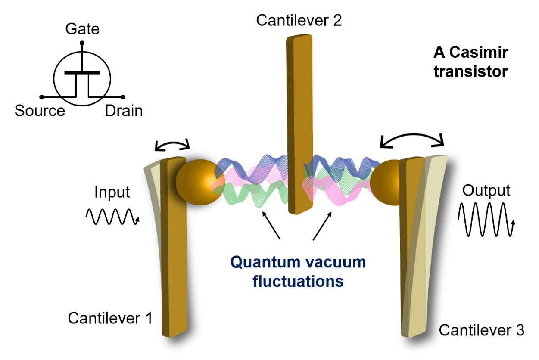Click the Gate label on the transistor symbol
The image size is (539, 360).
[82, 29]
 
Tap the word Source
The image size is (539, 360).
[40, 111]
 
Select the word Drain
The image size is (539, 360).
[124, 111]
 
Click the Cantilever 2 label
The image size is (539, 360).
[299, 20]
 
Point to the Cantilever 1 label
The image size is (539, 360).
[110, 318]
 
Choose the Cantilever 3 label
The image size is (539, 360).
[481, 330]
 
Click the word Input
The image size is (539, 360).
[112, 192]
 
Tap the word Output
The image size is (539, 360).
[486, 190]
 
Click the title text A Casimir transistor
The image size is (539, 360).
[470, 62]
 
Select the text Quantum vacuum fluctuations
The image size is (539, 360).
[298, 271]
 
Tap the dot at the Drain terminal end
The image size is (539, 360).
[123, 97]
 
